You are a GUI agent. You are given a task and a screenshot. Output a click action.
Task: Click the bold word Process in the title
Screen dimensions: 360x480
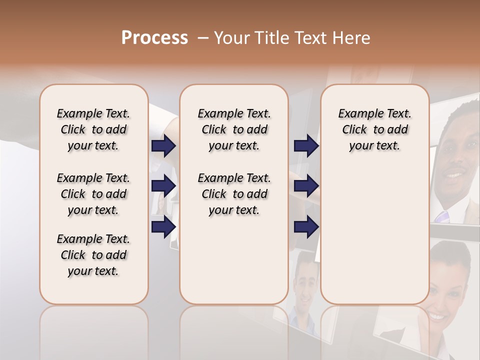[154, 38]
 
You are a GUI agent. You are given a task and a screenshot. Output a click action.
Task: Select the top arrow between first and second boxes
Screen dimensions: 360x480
[163, 145]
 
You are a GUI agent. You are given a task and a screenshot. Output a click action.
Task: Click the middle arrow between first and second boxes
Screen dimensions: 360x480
[163, 186]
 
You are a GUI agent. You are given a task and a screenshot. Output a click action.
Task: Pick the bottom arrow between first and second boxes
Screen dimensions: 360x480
[163, 226]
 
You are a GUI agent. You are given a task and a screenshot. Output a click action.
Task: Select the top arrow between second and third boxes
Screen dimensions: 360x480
[306, 145]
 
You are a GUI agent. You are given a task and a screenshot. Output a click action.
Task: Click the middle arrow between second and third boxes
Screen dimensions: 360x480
[306, 186]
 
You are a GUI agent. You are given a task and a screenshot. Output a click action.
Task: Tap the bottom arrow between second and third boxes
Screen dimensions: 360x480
[306, 226]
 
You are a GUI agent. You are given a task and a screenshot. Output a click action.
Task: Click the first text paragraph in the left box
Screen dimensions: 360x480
[93, 129]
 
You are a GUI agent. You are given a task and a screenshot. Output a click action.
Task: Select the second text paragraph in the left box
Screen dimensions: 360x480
[93, 194]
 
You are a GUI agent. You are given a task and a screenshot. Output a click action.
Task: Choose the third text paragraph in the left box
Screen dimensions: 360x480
[93, 255]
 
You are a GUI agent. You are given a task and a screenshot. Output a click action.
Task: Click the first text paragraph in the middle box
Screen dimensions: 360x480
[234, 129]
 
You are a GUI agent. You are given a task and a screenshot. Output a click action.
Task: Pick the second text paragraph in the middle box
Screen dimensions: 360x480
[234, 194]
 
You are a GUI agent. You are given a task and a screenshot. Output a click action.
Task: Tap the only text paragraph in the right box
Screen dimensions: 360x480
[374, 129]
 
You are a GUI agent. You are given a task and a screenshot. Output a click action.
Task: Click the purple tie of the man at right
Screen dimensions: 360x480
[442, 216]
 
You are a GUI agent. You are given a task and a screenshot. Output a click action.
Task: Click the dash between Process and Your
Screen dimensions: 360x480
[202, 38]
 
